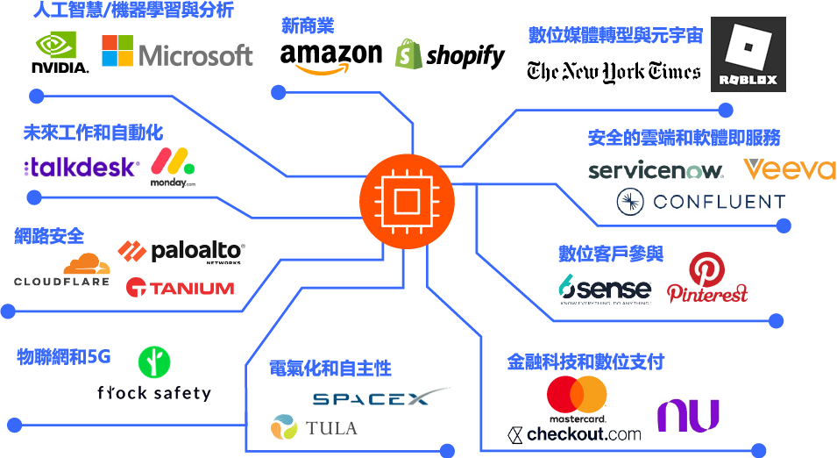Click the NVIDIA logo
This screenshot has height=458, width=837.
click(x=60, y=53)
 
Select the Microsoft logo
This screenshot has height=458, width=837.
click(x=177, y=54)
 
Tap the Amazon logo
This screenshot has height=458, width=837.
click(x=330, y=59)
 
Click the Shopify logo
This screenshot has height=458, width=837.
click(x=450, y=55)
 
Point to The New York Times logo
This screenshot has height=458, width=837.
click(x=614, y=72)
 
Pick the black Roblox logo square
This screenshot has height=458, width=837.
click(x=748, y=54)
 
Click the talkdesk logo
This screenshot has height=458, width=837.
click(x=81, y=167)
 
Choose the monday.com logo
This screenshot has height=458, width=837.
click(x=173, y=167)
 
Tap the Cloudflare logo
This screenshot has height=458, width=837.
click(x=62, y=270)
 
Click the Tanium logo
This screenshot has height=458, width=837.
click(x=181, y=287)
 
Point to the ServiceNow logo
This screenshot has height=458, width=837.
click(x=656, y=170)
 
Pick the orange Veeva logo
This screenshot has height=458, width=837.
click(x=790, y=168)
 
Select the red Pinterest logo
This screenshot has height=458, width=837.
click(x=707, y=279)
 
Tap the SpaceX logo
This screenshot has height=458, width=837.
click(x=379, y=398)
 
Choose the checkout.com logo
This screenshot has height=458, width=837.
click(x=575, y=433)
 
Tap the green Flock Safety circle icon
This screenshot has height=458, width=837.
click(x=154, y=361)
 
